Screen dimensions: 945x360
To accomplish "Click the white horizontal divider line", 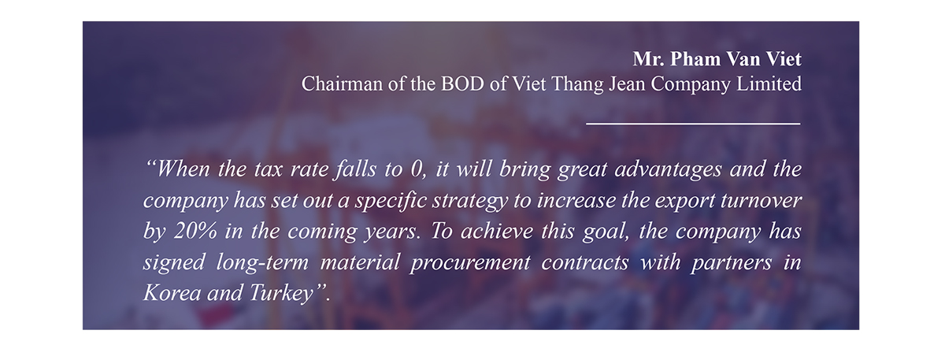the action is pyautogui.click(x=693, y=124).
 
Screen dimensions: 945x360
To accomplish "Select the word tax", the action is pyautogui.click(x=269, y=169).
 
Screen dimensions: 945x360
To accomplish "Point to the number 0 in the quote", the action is pyautogui.click(x=416, y=169).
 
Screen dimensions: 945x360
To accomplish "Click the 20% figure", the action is pyautogui.click(x=195, y=232).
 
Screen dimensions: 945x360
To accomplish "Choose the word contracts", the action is pyautogui.click(x=585, y=262).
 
